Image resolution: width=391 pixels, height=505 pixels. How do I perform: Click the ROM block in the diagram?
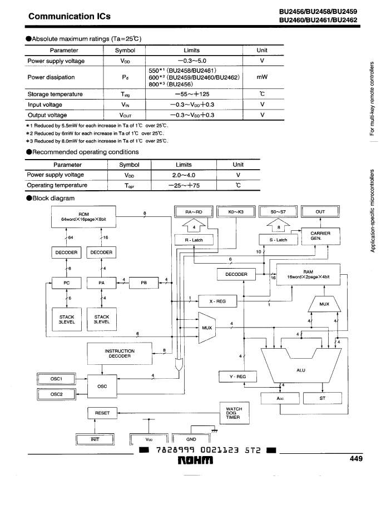pos(83,217)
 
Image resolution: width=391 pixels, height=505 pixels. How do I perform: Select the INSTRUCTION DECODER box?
pos(120,353)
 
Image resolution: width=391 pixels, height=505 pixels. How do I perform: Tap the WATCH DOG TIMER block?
pos(235,413)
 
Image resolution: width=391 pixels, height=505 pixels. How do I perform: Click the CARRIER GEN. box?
pos(320,236)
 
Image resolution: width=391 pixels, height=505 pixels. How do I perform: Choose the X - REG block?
pos(217,301)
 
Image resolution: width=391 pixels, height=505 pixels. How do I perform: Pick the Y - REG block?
pos(237,377)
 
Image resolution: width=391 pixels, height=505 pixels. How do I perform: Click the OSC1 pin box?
pos(56,379)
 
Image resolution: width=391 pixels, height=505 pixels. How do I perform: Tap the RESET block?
pos(102,413)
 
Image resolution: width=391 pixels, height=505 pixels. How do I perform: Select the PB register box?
pos(143,283)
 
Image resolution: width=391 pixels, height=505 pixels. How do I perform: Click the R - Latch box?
pos(194,240)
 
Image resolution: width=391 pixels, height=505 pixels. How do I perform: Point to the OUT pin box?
pos(320,211)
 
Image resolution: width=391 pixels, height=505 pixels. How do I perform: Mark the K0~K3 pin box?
pos(236,211)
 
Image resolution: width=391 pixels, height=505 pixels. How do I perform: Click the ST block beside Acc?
pos(323,398)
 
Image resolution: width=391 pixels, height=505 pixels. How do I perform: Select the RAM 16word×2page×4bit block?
pos(308,274)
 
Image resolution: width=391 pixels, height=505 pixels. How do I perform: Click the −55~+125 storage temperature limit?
pos(192,94)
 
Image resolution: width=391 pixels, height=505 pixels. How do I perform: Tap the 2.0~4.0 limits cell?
pos(184,175)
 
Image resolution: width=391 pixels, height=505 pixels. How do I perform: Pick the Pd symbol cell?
pos(125,77)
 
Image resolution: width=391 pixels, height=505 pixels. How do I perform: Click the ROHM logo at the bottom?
pos(196,461)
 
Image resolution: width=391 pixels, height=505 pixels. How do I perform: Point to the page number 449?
pos(356,459)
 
